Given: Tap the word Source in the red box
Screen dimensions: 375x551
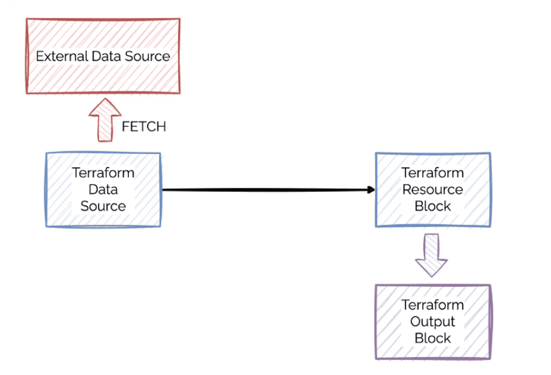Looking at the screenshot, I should point(146,56).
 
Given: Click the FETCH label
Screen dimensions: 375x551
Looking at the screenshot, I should point(144,127).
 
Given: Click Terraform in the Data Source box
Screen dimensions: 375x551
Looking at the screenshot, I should point(103,173).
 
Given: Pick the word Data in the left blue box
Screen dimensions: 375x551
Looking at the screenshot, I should point(103,189).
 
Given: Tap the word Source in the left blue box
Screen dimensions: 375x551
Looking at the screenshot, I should point(103,206).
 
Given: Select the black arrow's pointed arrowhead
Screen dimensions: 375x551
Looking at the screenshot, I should point(371,190).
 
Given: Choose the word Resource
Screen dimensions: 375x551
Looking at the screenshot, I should point(433,189).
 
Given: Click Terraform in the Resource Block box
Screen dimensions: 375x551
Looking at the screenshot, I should point(433,173).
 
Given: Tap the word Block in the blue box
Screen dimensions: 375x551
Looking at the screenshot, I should point(433,206).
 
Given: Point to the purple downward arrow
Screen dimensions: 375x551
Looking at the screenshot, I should point(431,255).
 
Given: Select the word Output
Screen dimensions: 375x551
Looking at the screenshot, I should point(433,321).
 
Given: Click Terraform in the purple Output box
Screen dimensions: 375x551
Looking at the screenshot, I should point(433,305).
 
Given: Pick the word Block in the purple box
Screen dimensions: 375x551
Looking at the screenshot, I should point(433,338).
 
